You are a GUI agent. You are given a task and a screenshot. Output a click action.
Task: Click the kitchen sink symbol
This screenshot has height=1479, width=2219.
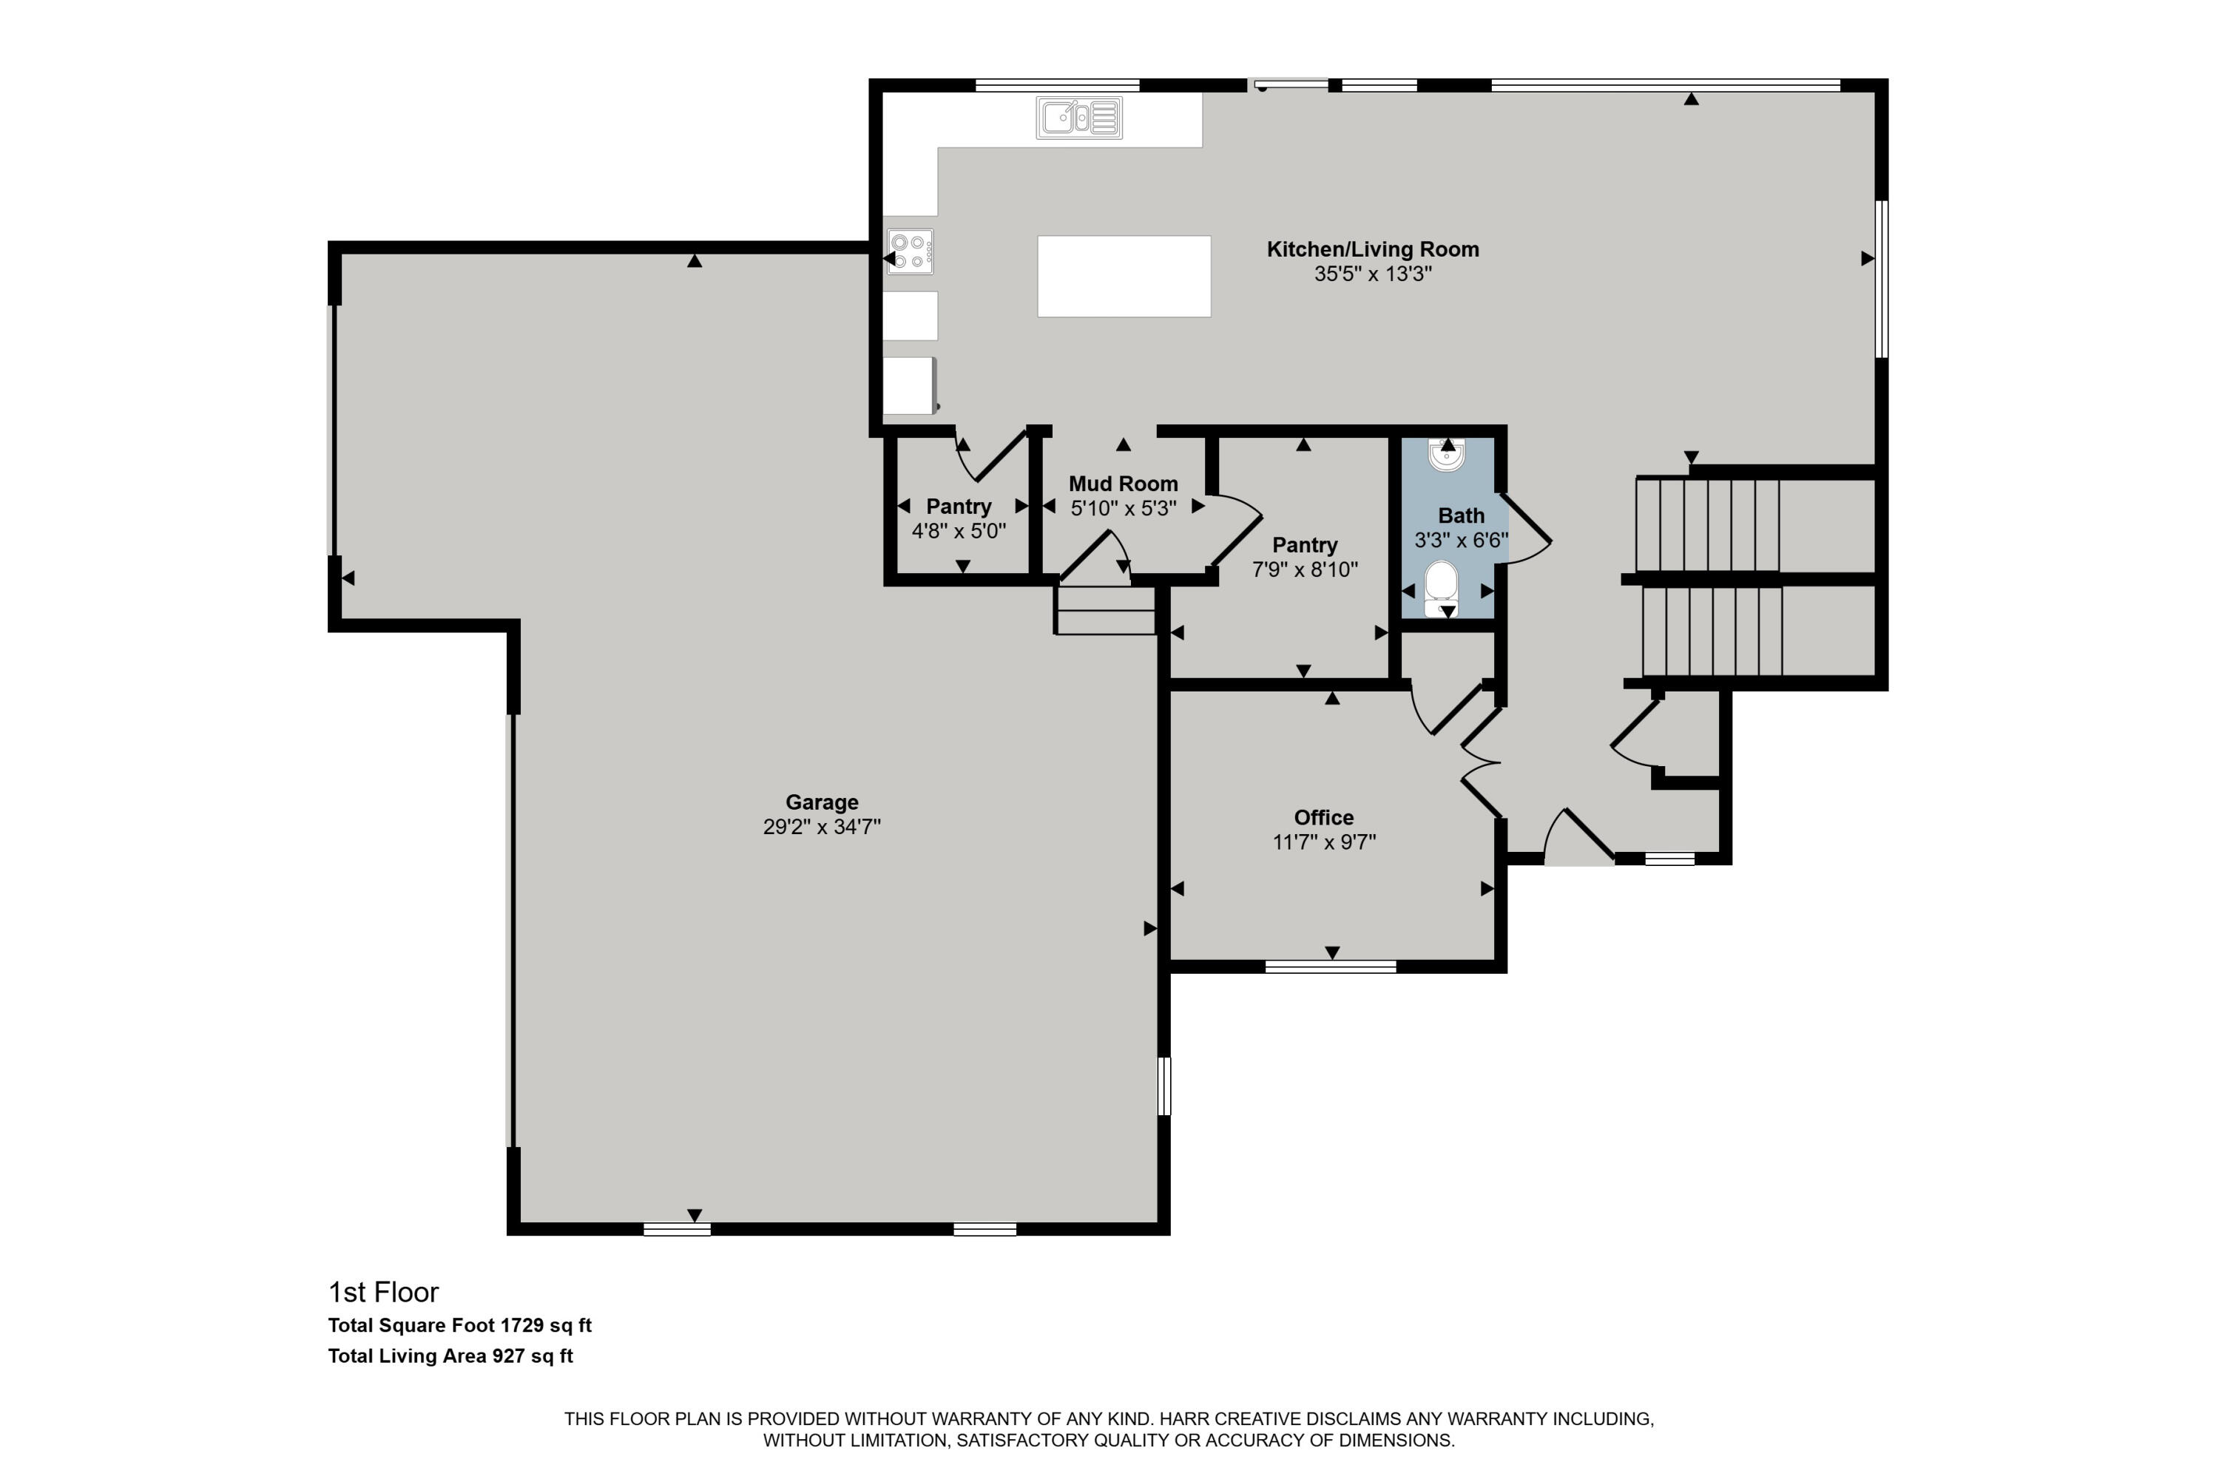click(1079, 118)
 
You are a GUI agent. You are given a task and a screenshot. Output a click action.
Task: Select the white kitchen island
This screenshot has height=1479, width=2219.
click(1124, 277)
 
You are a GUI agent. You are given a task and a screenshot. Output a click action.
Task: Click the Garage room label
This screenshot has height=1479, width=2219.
click(822, 802)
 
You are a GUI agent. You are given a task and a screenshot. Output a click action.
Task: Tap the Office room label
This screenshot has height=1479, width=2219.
click(1324, 818)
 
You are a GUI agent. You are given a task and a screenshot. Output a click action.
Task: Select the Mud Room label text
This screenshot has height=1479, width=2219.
click(1123, 484)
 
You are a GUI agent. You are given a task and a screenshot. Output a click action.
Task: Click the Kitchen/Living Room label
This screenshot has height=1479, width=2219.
click(1373, 249)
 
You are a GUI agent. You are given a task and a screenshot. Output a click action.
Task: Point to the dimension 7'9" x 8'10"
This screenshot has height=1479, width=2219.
click(1305, 569)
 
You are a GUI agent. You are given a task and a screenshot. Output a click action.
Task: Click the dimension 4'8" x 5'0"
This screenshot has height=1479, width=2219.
click(959, 531)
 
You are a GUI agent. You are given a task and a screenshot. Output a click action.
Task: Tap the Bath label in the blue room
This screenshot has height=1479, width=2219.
click(1460, 516)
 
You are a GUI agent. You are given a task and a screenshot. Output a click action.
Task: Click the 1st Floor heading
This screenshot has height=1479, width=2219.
click(383, 1292)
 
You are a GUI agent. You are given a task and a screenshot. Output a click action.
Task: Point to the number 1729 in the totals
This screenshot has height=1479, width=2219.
click(521, 1325)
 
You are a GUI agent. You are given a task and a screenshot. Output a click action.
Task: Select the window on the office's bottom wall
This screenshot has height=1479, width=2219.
click(1330, 966)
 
